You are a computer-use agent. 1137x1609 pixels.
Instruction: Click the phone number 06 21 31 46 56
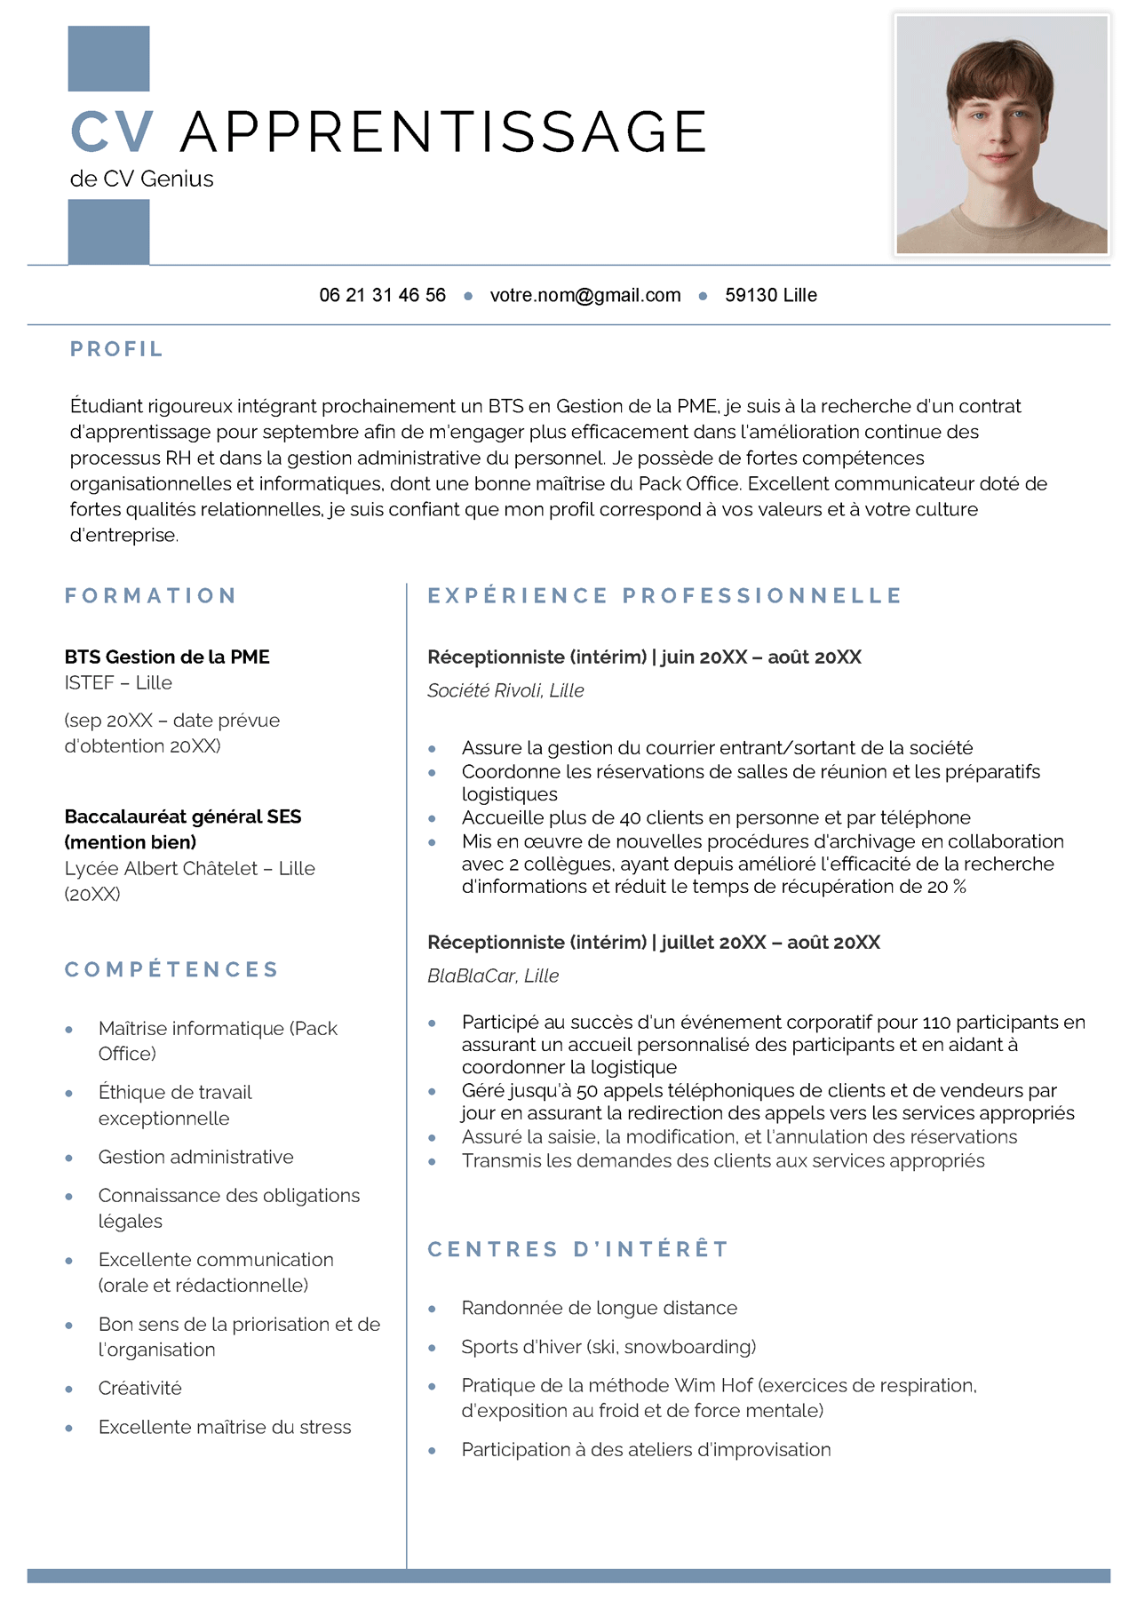(382, 295)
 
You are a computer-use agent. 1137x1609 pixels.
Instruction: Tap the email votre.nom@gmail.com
(585, 295)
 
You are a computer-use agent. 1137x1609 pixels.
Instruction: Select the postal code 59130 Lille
(771, 295)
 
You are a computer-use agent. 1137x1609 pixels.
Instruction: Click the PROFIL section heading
(116, 349)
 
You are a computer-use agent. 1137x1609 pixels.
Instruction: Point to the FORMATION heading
(150, 595)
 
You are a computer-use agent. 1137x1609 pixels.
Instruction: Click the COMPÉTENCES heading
(171, 969)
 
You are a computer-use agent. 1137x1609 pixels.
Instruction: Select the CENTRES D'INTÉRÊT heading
(578, 1249)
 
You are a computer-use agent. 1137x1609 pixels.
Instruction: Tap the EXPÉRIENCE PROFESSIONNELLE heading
(664, 595)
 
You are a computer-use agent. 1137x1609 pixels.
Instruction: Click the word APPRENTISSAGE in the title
(443, 132)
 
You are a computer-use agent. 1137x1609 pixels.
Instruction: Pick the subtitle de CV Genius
(142, 179)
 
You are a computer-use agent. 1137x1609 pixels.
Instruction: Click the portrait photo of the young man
(1001, 135)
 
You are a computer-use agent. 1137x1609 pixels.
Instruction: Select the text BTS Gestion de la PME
(167, 657)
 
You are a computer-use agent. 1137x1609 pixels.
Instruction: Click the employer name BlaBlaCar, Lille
(493, 976)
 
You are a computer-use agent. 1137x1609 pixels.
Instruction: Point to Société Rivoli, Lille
(505, 690)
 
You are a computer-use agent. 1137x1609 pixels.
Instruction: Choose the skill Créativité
(139, 1388)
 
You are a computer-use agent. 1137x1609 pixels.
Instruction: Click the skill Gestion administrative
(195, 1157)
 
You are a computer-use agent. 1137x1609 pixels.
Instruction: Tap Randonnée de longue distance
(599, 1308)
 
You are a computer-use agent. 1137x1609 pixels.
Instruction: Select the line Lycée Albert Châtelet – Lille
(189, 868)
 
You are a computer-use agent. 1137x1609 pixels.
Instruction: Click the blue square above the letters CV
(108, 59)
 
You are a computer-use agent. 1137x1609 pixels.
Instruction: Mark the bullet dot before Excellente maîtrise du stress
(69, 1428)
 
